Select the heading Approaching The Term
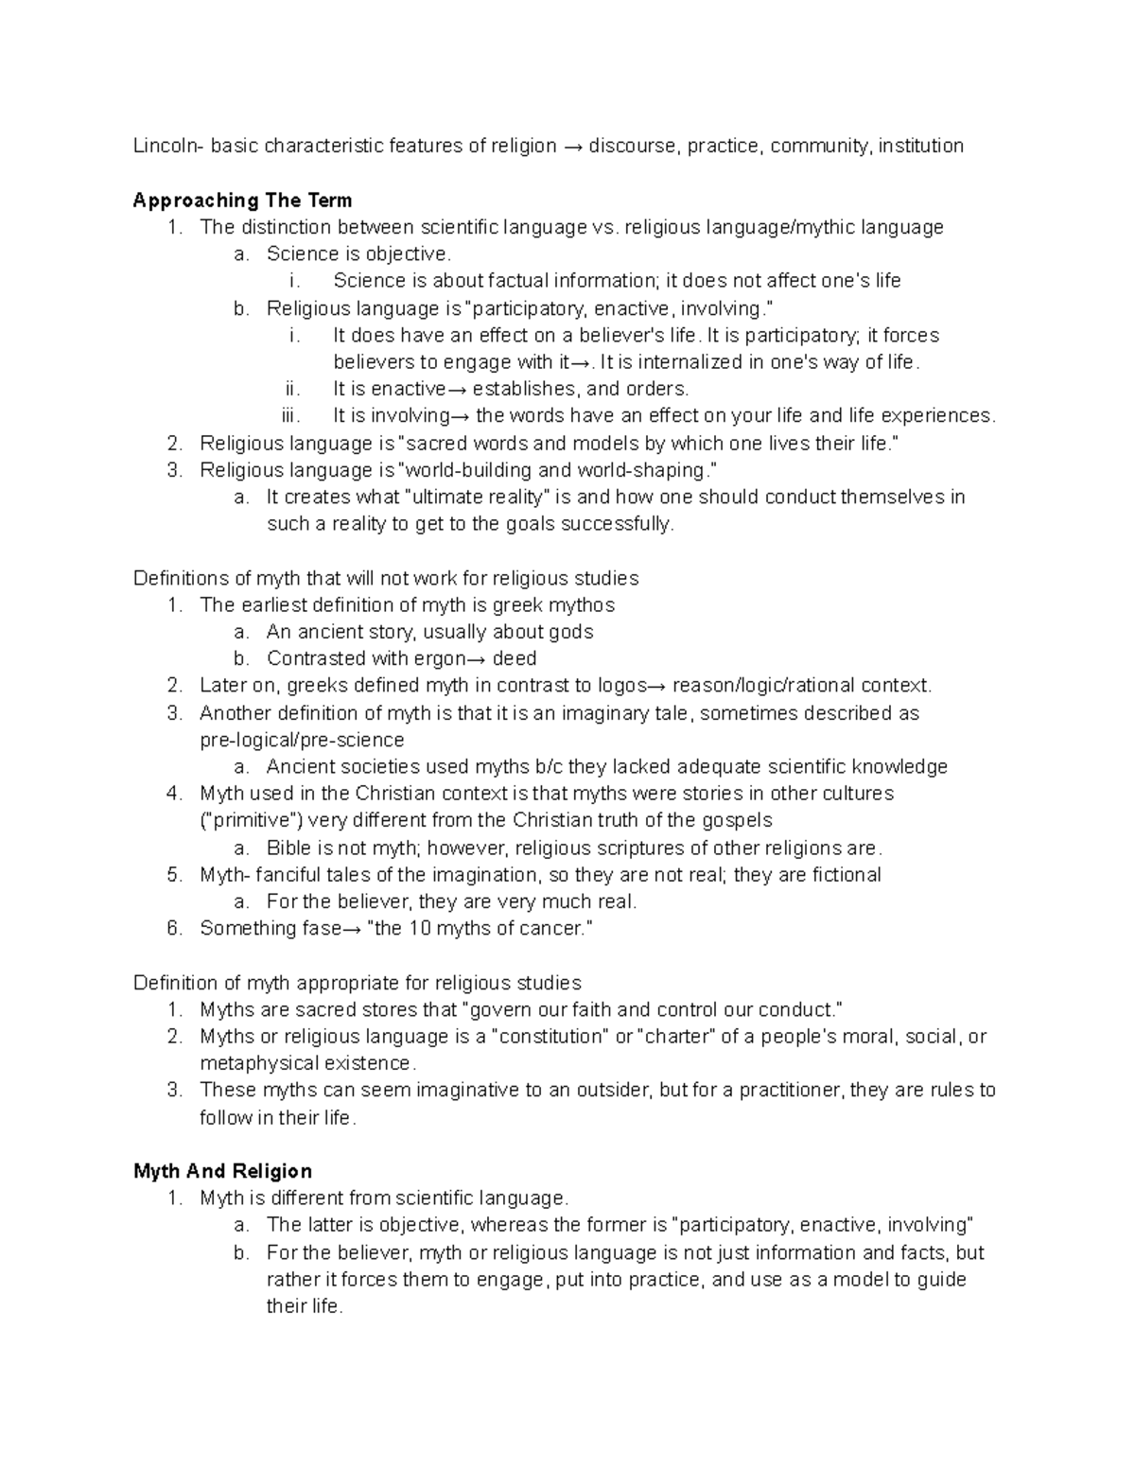[242, 200]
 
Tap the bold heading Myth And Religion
[222, 1171]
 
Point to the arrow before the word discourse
[572, 146]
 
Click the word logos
[622, 685]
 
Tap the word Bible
[289, 848]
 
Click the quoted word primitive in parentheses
[251, 820]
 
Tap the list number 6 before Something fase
[173, 928]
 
